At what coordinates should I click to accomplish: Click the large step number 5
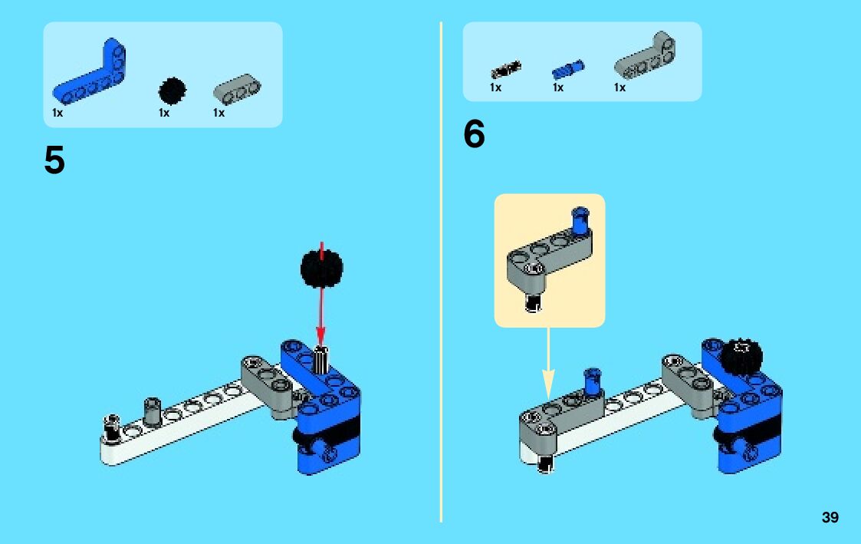click(54, 160)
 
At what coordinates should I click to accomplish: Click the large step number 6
click(475, 134)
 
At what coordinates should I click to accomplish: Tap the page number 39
click(830, 517)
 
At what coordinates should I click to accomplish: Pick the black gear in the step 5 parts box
click(172, 91)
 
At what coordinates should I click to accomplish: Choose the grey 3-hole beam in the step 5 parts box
click(237, 89)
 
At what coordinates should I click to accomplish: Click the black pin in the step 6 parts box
click(506, 70)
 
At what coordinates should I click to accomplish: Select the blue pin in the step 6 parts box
click(568, 70)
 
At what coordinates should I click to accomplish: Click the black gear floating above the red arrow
click(322, 268)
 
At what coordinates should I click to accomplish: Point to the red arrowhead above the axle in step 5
click(320, 335)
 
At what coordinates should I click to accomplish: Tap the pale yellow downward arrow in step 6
click(548, 363)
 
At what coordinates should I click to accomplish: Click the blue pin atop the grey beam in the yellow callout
click(580, 220)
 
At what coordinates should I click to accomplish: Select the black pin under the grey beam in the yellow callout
click(532, 302)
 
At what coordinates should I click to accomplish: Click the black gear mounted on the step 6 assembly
click(742, 358)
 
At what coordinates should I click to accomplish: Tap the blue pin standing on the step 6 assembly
click(593, 382)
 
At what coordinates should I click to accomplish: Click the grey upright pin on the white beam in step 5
click(152, 411)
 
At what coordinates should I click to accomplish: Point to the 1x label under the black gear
click(163, 113)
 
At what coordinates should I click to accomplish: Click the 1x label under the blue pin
click(558, 87)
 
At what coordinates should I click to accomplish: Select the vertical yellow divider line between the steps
click(441, 272)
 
